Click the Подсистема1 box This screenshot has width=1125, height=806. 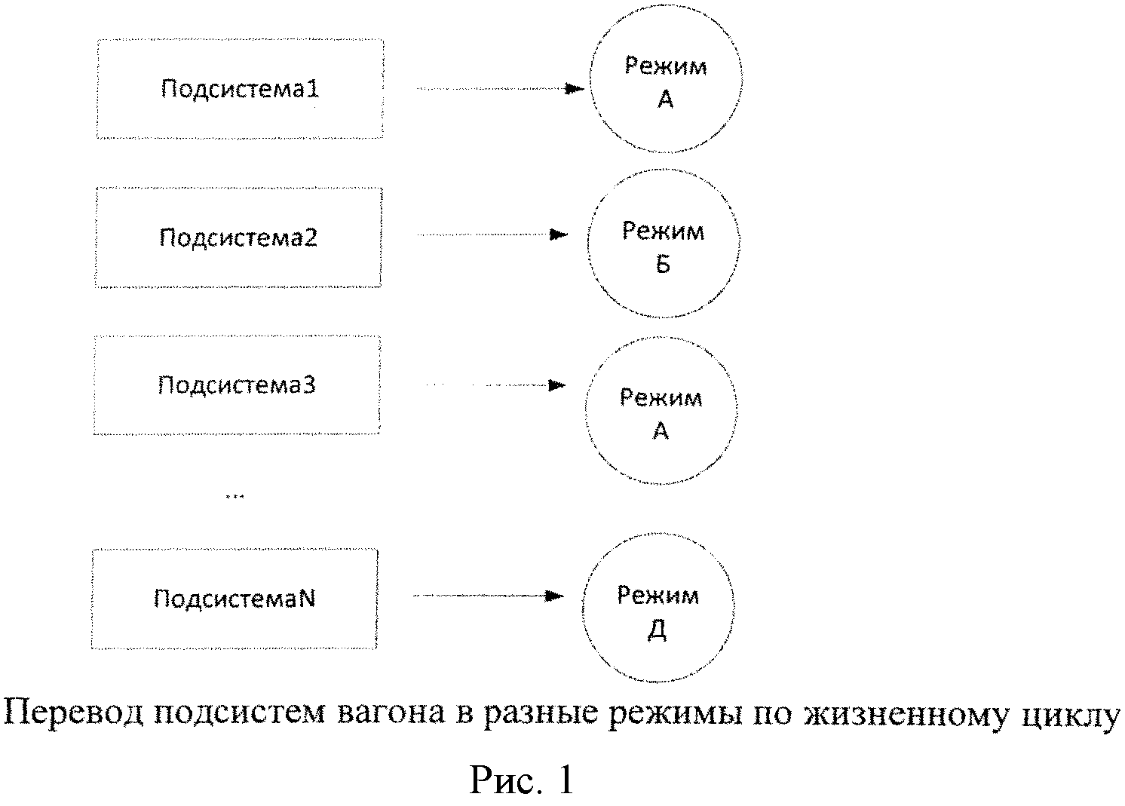[x=240, y=89]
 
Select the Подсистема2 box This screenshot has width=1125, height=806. [x=238, y=238]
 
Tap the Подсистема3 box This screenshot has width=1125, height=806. [x=237, y=385]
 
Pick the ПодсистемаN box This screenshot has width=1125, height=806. [x=235, y=599]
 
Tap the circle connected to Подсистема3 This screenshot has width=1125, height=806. [x=661, y=412]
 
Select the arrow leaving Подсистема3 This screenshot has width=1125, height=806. [x=495, y=385]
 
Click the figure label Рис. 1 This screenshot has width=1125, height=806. [x=522, y=780]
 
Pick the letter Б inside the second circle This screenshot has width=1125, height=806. [x=663, y=265]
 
